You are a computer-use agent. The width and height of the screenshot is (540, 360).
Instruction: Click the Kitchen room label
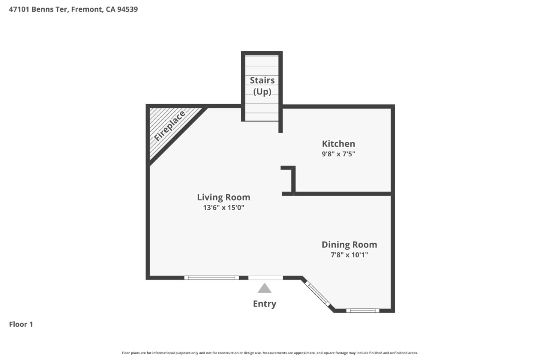tap(338, 144)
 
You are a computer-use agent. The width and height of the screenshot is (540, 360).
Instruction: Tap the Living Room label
tap(223, 197)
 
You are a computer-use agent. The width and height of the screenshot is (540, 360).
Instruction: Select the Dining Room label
tap(349, 244)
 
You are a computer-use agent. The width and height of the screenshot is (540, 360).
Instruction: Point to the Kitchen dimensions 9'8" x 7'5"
tap(338, 154)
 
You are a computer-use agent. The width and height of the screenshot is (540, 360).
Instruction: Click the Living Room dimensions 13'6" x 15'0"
tap(223, 207)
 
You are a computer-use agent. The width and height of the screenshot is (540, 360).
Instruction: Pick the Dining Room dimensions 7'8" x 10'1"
tap(349, 255)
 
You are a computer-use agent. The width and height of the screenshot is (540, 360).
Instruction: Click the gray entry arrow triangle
tap(264, 289)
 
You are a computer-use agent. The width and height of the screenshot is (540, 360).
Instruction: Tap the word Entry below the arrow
tap(264, 304)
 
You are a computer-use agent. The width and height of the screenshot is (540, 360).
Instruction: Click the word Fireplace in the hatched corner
tap(170, 126)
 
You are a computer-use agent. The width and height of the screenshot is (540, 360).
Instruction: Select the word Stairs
tap(262, 80)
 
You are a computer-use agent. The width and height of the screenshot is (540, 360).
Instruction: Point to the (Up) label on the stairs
tap(262, 91)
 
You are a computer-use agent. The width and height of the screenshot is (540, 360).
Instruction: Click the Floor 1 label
tap(21, 324)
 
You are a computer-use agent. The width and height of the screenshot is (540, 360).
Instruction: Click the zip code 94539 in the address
tap(127, 9)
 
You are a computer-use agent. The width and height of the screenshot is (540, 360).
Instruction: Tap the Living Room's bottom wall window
tap(211, 278)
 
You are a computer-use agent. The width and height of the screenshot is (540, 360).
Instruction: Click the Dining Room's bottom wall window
tap(363, 310)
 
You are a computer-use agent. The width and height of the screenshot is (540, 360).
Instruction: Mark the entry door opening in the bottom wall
tap(265, 278)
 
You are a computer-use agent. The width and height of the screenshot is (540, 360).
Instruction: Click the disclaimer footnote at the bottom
tap(270, 353)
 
